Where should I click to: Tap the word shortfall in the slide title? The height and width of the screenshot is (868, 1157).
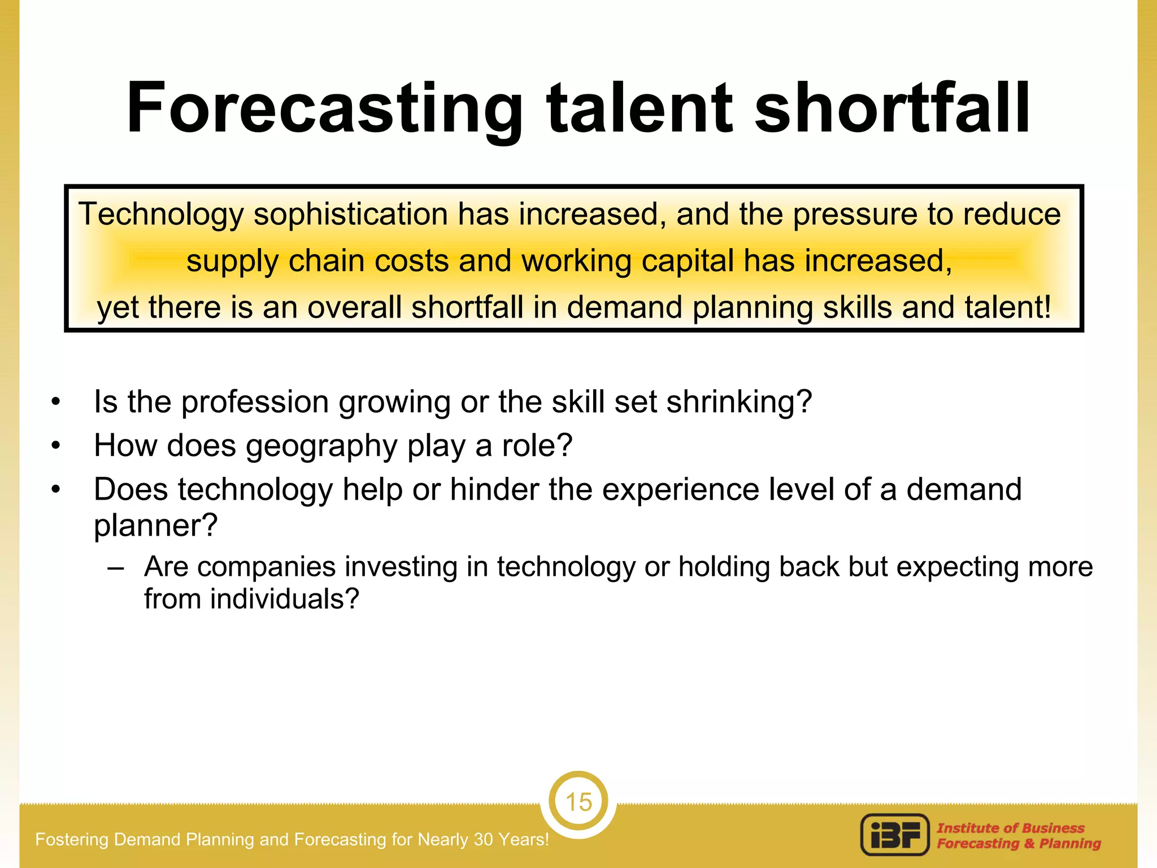(x=892, y=108)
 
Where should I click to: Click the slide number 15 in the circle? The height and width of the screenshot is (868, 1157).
(x=578, y=802)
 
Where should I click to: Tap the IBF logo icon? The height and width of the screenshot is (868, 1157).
(x=895, y=835)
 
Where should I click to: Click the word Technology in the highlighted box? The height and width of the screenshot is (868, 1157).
(x=161, y=215)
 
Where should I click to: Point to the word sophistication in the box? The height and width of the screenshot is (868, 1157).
(x=350, y=215)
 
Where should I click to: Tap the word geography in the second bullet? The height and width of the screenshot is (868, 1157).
(x=321, y=446)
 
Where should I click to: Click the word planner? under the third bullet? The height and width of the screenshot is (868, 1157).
(x=155, y=526)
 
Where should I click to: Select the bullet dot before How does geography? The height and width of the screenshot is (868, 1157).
(x=55, y=446)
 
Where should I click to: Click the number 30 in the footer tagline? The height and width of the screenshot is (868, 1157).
(x=484, y=840)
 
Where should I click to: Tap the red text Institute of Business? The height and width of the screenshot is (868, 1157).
(x=1010, y=828)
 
